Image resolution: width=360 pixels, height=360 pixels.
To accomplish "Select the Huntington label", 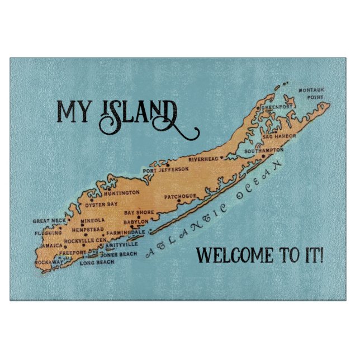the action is click(x=121, y=192).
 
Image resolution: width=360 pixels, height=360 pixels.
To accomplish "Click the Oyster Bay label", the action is click(x=101, y=205).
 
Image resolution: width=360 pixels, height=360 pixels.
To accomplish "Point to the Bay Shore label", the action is click(x=138, y=213).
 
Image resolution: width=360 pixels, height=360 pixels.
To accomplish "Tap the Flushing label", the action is click(x=48, y=233).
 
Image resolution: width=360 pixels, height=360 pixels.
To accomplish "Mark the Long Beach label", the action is click(x=97, y=262).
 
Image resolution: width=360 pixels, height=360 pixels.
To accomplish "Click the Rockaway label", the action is click(x=48, y=262).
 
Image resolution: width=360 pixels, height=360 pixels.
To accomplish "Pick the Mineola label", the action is click(x=92, y=220).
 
